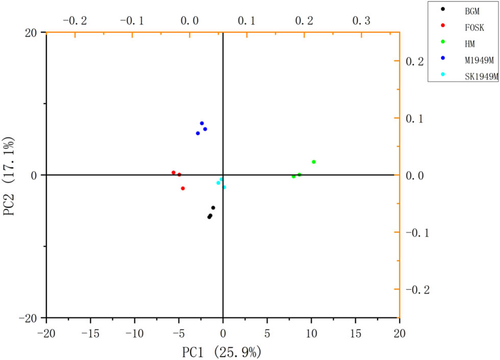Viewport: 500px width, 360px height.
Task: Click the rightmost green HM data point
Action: pyautogui.click(x=314, y=162)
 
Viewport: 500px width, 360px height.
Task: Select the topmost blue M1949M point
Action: pyautogui.click(x=202, y=124)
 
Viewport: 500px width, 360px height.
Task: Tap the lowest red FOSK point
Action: pyautogui.click(x=183, y=188)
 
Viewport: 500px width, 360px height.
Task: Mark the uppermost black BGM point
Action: pyautogui.click(x=213, y=208)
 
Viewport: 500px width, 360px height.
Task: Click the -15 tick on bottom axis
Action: pyautogui.click(x=90, y=333)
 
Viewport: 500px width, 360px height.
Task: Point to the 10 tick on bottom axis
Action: pyautogui.click(x=311, y=333)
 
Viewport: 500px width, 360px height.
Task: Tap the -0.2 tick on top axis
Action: pyautogui.click(x=74, y=21)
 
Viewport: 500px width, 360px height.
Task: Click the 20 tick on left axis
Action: pyautogui.click(x=31, y=32)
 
